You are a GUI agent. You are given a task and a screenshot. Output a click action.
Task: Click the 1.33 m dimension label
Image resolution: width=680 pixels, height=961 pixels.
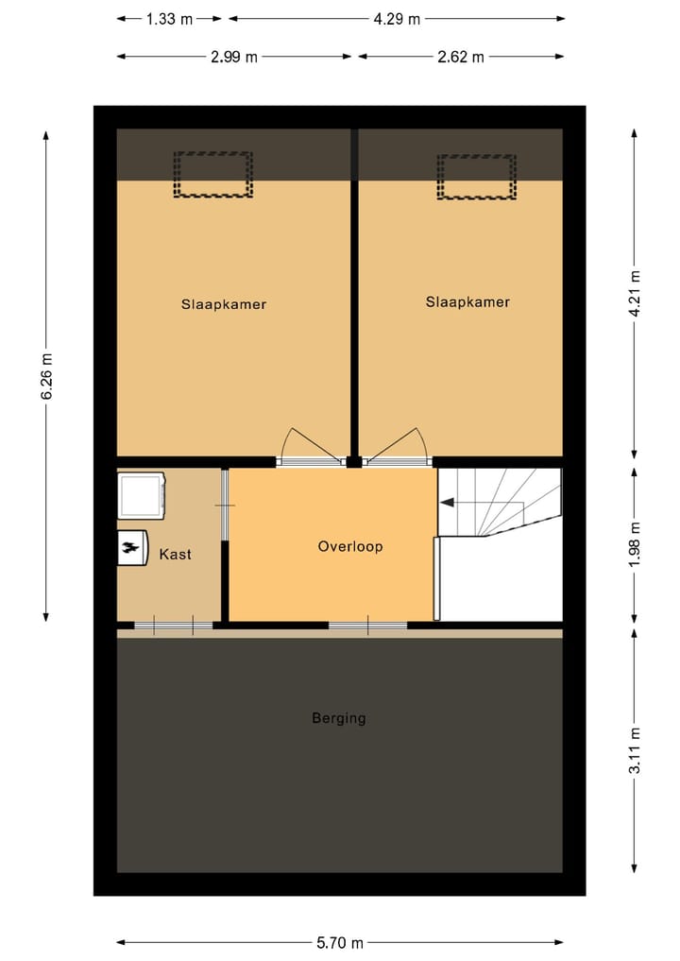(169, 18)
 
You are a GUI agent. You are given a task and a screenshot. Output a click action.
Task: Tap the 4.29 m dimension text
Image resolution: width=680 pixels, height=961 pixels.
(397, 18)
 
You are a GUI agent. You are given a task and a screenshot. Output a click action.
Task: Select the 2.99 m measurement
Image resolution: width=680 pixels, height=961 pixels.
(234, 57)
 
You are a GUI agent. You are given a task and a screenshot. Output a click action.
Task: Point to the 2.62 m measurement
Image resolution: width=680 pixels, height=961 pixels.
(461, 57)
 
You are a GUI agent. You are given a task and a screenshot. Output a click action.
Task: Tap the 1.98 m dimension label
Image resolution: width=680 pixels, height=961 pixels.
(635, 544)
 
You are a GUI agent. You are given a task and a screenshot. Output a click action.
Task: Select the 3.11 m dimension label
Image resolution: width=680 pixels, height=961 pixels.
(635, 750)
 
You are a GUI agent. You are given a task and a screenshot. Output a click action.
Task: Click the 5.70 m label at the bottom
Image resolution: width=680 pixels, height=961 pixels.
(340, 942)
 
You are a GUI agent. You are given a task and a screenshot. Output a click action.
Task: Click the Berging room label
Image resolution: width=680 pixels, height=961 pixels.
(339, 718)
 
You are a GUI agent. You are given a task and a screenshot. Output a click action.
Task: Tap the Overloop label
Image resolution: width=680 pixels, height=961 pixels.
(350, 546)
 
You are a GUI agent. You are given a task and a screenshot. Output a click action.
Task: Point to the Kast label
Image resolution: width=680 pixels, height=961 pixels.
(175, 554)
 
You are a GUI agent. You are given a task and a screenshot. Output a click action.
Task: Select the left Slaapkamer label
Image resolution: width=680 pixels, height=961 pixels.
(224, 304)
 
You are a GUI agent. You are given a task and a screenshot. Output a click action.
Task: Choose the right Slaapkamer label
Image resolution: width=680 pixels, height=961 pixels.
(467, 302)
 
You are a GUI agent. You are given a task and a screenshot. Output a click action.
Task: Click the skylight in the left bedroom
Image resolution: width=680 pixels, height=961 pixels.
(213, 175)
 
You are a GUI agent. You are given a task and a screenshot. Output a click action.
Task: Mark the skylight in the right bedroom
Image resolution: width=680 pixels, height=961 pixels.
(476, 177)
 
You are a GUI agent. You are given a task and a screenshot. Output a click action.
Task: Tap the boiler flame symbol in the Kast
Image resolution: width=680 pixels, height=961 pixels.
(131, 547)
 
